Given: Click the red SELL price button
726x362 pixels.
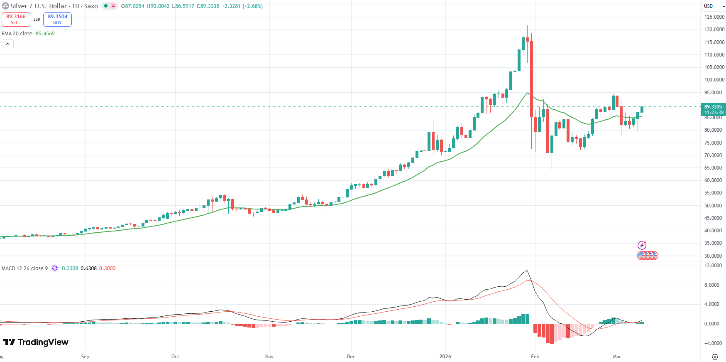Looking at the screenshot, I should [16, 19].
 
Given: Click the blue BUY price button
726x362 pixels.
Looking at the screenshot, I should [57, 19].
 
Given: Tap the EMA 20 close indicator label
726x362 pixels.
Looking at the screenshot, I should [17, 34].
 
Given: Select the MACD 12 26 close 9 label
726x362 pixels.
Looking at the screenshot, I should [24, 268].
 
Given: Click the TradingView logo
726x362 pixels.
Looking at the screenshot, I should [36, 342].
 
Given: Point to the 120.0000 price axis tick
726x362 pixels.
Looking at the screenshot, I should [714, 30].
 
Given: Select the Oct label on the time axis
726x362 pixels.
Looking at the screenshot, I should [175, 357].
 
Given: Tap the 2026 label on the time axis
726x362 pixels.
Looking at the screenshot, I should [445, 357].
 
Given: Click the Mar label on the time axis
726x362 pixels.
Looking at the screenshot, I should [617, 357].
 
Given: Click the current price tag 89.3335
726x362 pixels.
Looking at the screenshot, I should [713, 107].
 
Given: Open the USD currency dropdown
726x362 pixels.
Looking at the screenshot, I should [714, 6].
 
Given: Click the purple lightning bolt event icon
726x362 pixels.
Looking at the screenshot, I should [642, 245].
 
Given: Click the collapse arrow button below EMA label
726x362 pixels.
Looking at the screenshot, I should [7, 44].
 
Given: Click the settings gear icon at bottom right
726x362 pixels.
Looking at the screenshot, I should [715, 357].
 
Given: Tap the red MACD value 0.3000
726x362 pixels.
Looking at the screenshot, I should [107, 268].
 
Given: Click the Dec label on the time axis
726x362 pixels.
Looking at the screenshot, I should [351, 357].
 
